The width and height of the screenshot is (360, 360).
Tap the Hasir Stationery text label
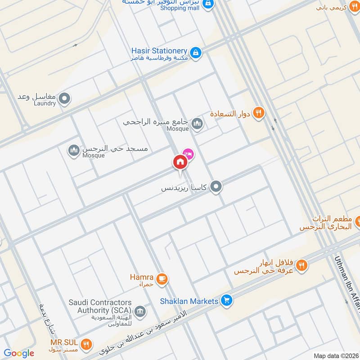click(159, 51)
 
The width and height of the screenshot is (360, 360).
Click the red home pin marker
click(180, 162)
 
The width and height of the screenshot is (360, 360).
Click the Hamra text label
click(142, 278)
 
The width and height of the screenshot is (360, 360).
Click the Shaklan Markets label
click(189, 301)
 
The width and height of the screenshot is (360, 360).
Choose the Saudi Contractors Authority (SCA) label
click(100, 306)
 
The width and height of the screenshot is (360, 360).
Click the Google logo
click(19, 354)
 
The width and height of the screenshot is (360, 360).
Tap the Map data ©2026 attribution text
click(335, 355)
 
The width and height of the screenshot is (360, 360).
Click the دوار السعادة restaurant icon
click(258, 113)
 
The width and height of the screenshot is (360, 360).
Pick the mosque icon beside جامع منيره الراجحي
click(197, 123)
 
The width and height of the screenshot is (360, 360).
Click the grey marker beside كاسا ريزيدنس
click(216, 186)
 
